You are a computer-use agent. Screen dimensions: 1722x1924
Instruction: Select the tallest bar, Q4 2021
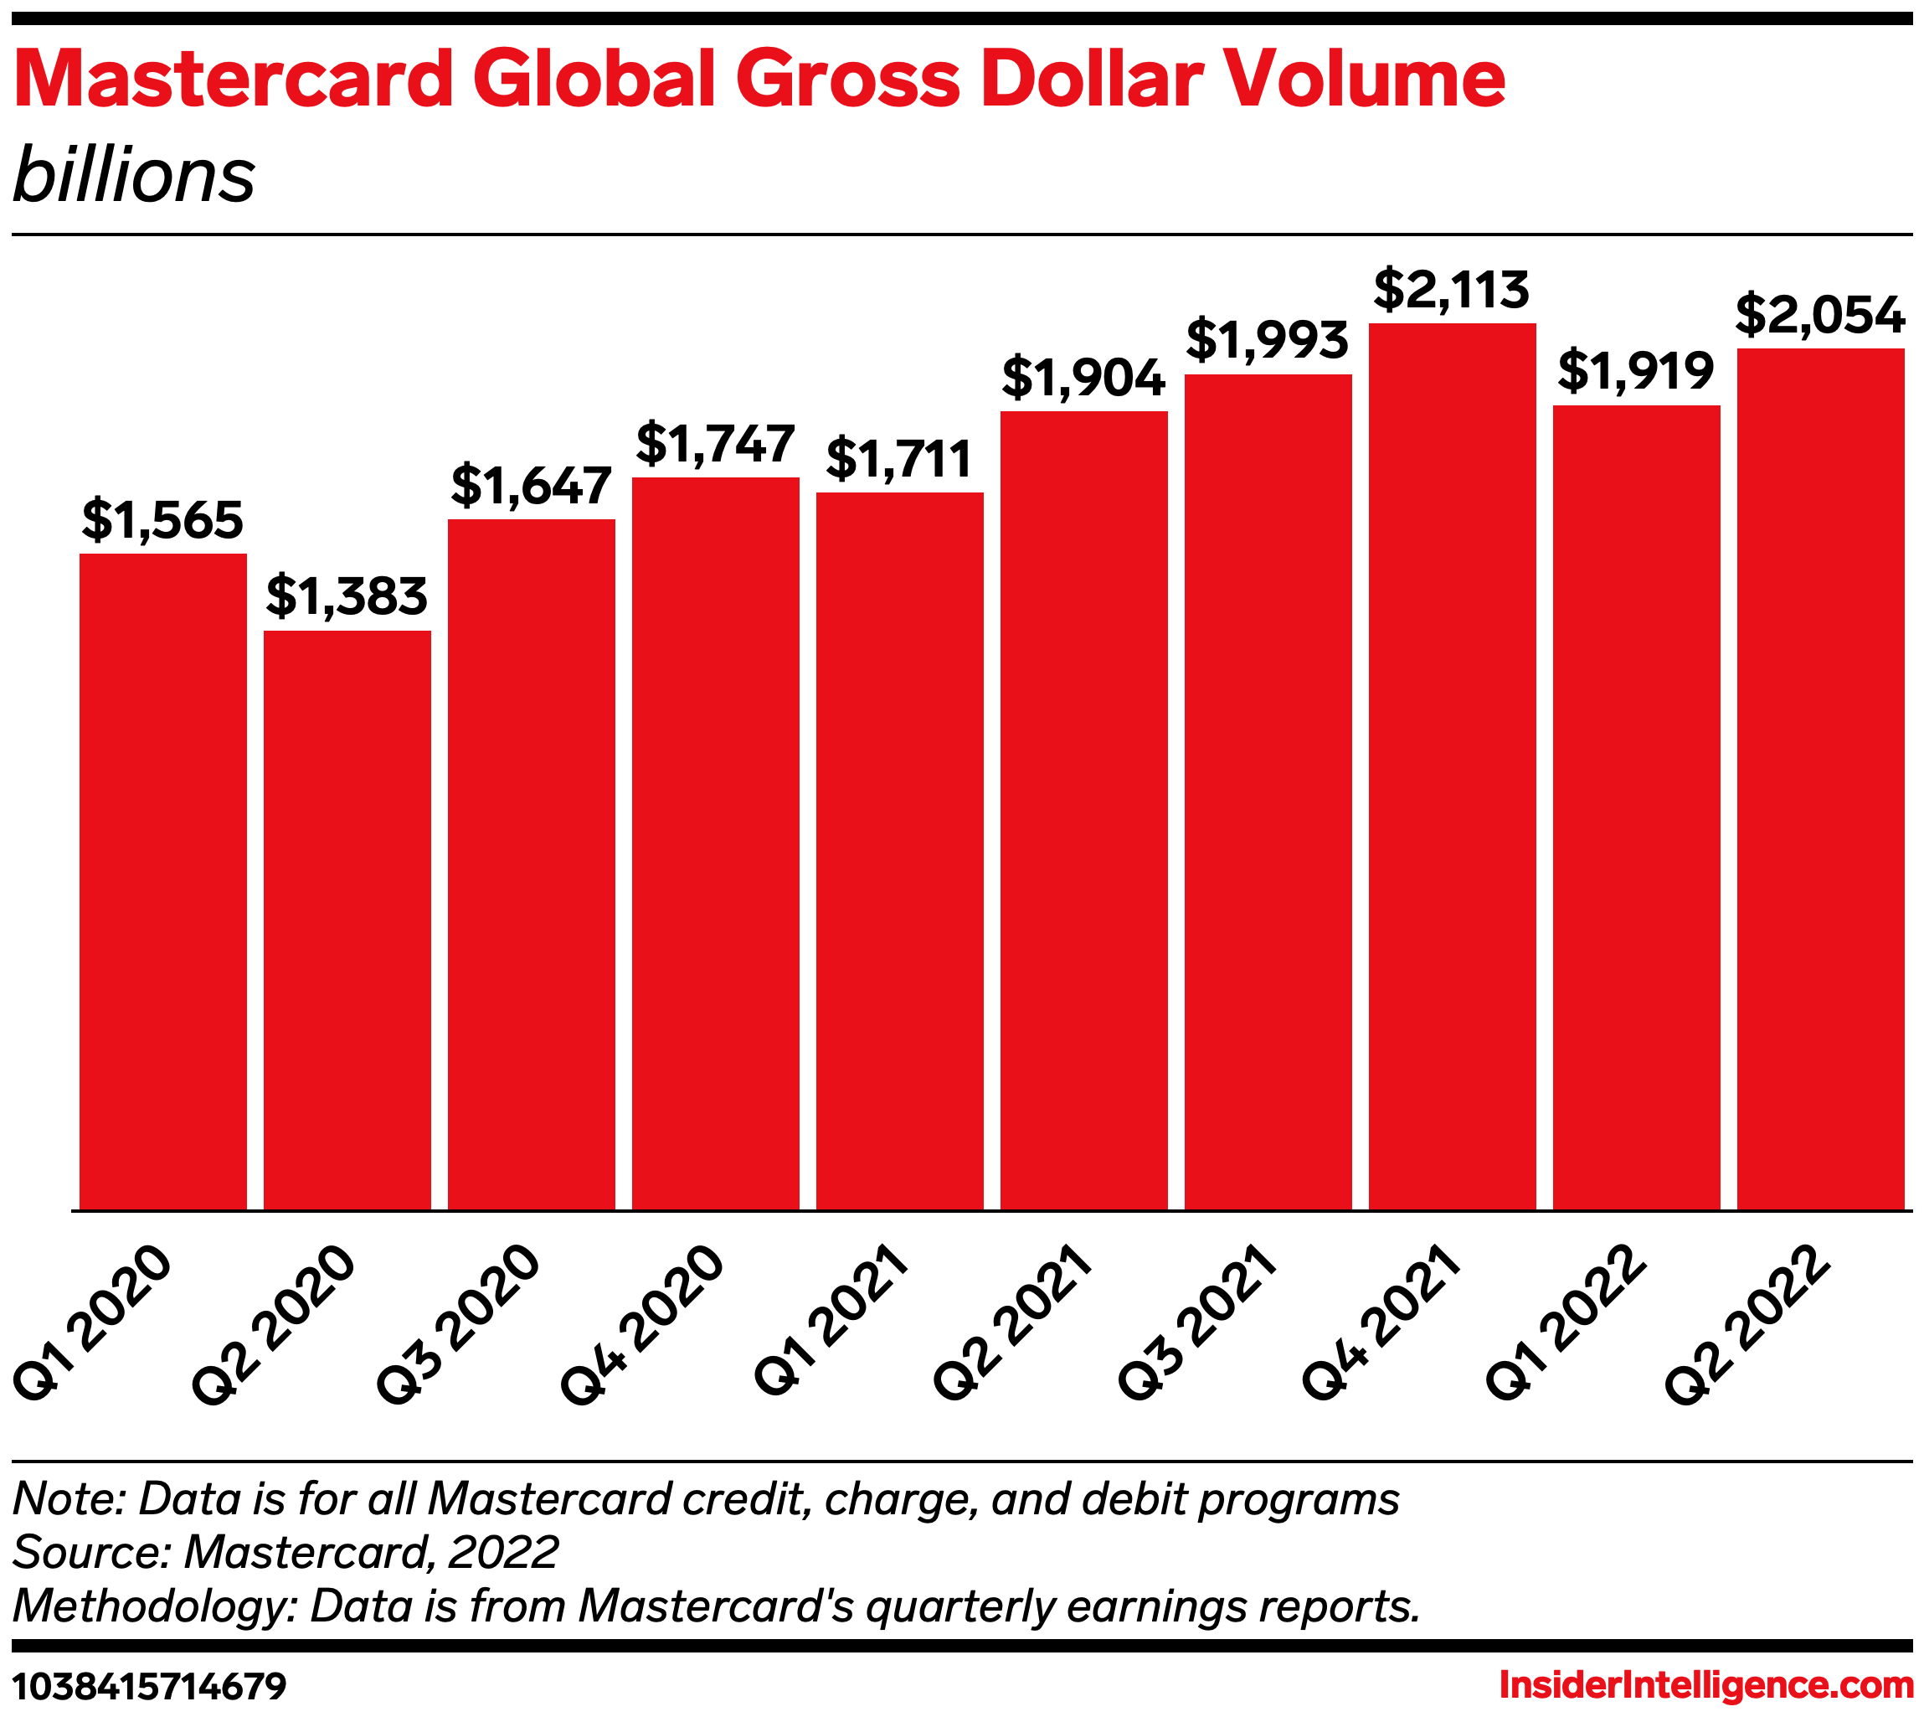point(1452,766)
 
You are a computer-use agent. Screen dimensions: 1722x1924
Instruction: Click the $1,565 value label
point(162,520)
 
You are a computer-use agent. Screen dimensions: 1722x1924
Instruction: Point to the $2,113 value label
point(1451,291)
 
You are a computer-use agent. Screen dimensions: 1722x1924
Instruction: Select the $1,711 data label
point(898,460)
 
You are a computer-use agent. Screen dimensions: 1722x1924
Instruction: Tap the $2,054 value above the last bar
point(1820,316)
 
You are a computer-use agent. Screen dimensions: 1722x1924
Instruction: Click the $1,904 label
point(1083,379)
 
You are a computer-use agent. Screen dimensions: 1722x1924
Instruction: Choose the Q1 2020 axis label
point(93,1325)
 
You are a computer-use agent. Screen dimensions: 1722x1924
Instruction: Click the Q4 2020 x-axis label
point(642,1325)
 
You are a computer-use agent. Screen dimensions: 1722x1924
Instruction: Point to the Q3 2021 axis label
point(1197,1325)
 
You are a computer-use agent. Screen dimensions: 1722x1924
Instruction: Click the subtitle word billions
point(134,176)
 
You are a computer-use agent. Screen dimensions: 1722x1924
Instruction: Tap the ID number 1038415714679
point(148,1685)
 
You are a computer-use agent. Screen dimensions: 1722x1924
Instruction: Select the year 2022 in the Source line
point(504,1553)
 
